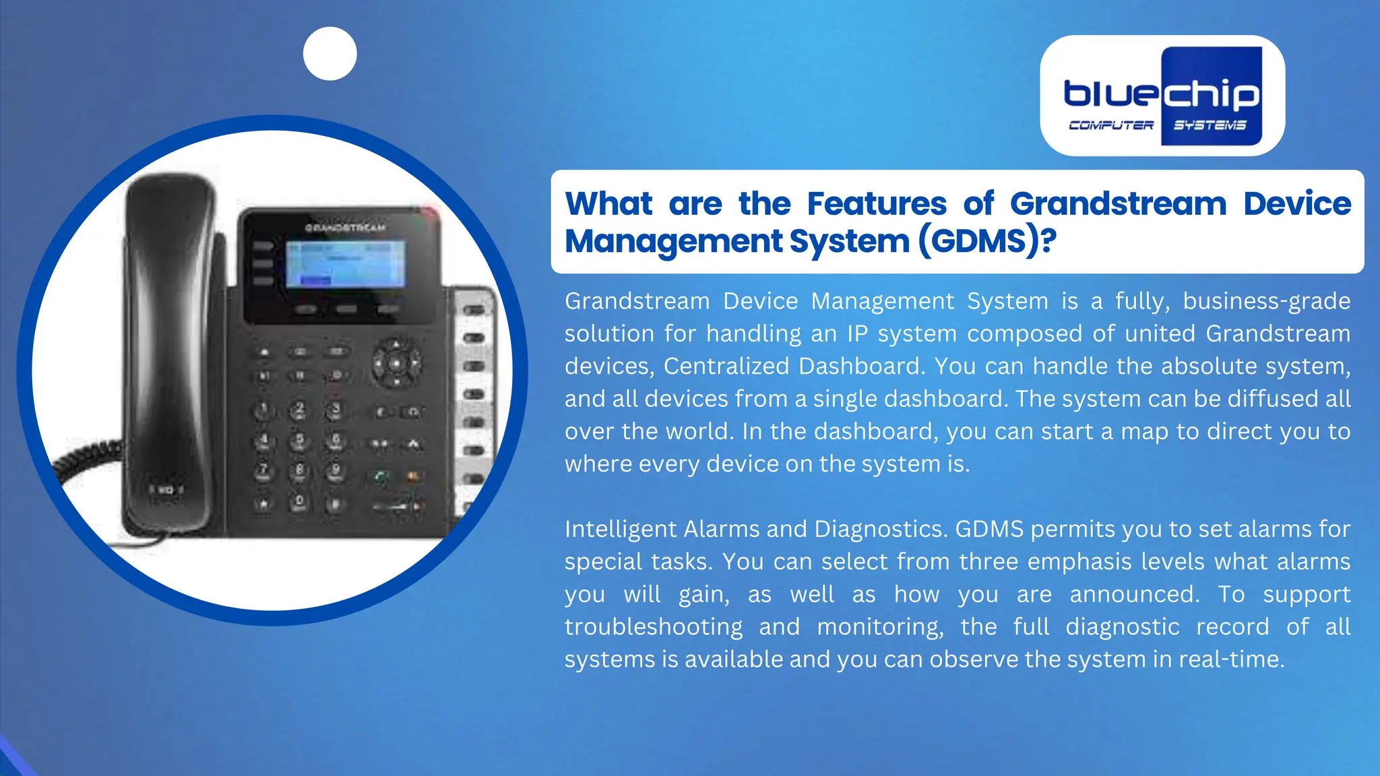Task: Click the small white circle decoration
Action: coord(330,54)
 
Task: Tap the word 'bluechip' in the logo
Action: coord(1161,94)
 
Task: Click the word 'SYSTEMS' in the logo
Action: coord(1210,125)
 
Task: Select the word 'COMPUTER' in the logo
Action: coord(1111,125)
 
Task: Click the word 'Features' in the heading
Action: coord(877,203)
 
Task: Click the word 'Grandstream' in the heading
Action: coord(1118,203)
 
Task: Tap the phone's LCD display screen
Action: coord(346,264)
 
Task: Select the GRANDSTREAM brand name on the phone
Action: coord(345,228)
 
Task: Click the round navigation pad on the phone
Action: coord(397,364)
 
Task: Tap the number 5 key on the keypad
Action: coord(300,441)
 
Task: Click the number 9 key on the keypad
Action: coord(336,471)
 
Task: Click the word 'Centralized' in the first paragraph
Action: coord(726,366)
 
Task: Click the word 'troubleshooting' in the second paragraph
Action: coord(653,626)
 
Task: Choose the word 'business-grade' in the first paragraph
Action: coord(1266,301)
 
